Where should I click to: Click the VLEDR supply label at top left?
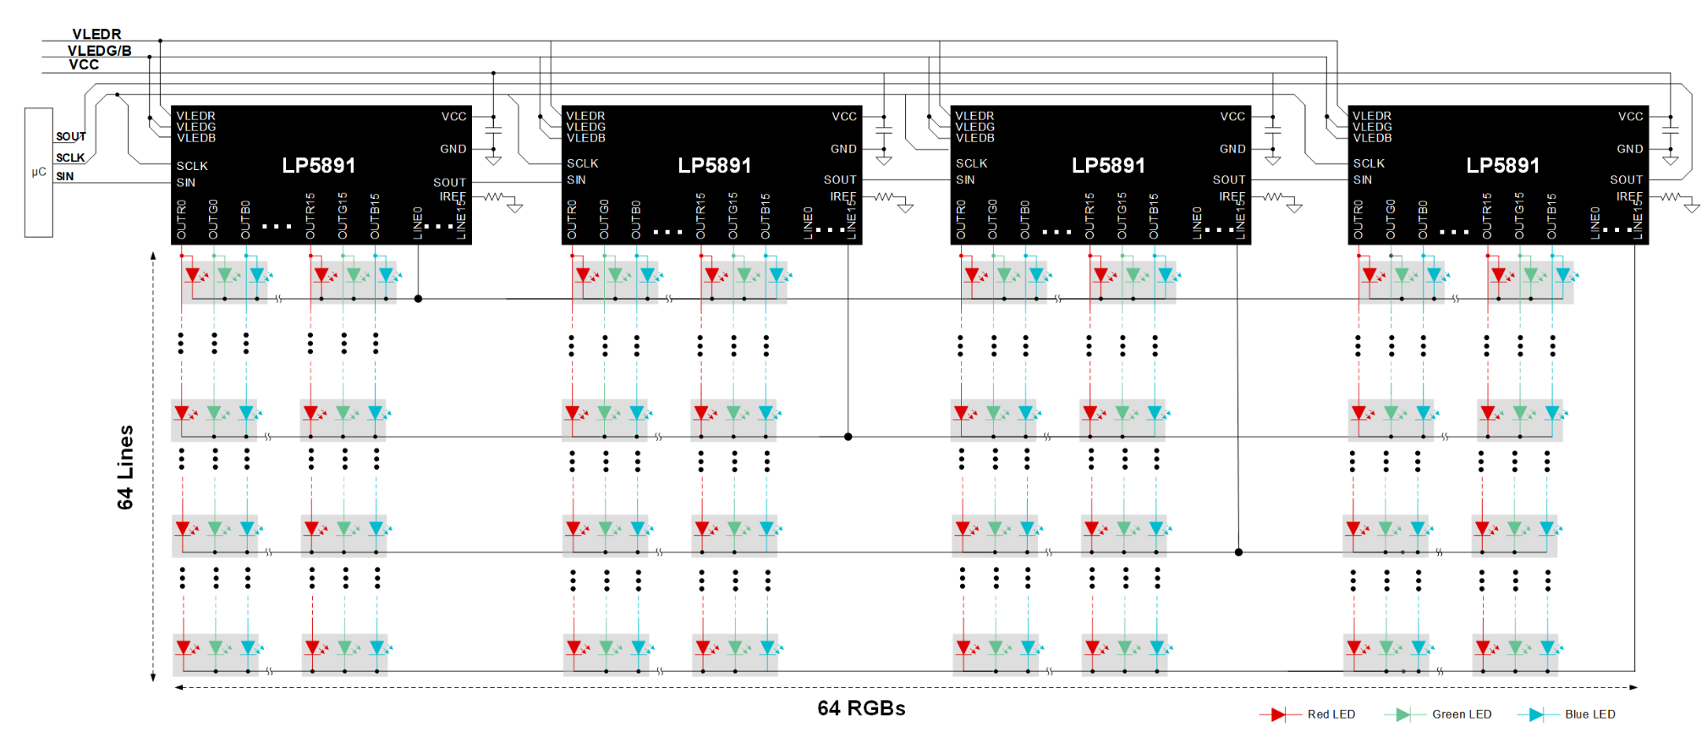(96, 34)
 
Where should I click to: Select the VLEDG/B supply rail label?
(99, 51)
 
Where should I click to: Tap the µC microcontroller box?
(39, 172)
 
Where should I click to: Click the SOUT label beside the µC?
(71, 136)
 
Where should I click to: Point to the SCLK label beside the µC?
(70, 157)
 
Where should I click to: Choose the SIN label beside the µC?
(65, 176)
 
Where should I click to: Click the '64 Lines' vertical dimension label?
(125, 466)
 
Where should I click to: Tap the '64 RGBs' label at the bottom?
(861, 708)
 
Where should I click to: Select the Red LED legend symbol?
(1278, 714)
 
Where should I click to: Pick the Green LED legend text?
(1461, 714)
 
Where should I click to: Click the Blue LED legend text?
(1589, 714)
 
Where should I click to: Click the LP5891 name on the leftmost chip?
(319, 166)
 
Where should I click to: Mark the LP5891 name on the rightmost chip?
(1502, 166)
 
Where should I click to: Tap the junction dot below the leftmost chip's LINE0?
(418, 299)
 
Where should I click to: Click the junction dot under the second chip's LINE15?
(848, 437)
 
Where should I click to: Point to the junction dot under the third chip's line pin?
(1238, 552)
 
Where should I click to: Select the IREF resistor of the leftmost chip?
(494, 196)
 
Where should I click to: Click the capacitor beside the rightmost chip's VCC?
(1670, 131)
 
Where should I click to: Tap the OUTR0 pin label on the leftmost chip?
(182, 219)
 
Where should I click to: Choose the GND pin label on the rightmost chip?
(1629, 149)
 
